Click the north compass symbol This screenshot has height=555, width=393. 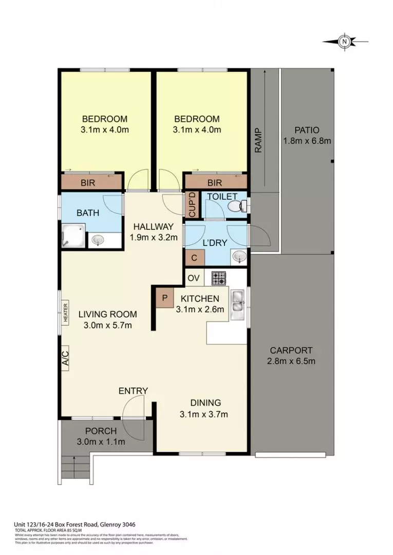click(x=345, y=41)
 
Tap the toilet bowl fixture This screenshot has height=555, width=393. click(x=236, y=207)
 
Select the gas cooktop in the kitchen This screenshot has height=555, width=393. click(x=219, y=278)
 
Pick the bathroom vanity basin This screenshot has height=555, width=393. click(x=98, y=240)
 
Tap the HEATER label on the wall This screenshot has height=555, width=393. click(x=66, y=312)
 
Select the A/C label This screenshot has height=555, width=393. click(x=66, y=356)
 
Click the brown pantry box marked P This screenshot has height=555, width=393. click(x=164, y=298)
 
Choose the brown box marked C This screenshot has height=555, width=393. click(x=194, y=257)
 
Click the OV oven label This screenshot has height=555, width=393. click(x=194, y=278)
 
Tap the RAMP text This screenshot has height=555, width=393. click(x=258, y=140)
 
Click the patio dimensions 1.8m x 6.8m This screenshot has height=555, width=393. click(x=307, y=140)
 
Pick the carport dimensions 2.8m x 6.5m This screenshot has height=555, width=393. click(x=291, y=361)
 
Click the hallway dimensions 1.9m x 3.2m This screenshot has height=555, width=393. click(x=153, y=237)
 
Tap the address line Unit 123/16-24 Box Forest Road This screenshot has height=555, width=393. click(x=74, y=525)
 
